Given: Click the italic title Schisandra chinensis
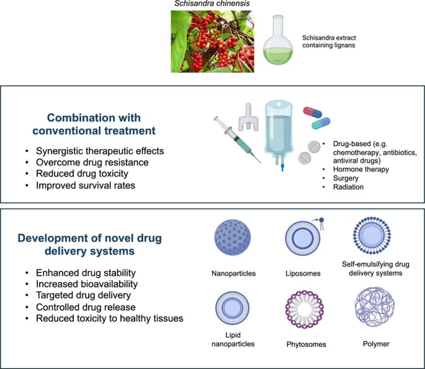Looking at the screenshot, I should point(212,5).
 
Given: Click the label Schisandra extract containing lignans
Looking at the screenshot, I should point(328,41).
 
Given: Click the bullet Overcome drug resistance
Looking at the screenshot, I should point(92,162).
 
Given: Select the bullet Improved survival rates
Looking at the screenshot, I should point(85,185).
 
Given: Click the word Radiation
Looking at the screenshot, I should point(348,187).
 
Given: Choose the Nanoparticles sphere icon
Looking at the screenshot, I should point(233,238).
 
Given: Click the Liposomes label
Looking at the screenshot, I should point(303,274).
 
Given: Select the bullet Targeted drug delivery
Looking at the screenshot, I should point(83,296).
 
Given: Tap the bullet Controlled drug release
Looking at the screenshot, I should point(85,307).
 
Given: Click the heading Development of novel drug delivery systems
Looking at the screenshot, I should point(89,245).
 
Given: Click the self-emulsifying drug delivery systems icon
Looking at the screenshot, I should point(372,235).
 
